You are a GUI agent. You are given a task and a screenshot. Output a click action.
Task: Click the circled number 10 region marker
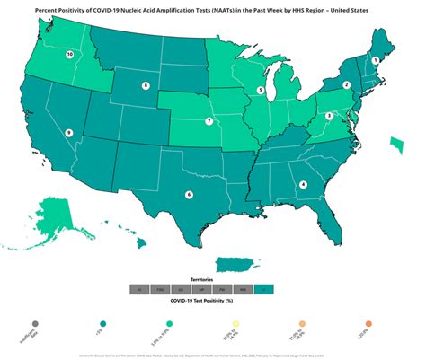[70, 54]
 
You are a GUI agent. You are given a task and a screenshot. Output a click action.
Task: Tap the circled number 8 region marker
[146, 86]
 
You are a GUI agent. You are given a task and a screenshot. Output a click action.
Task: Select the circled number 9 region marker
[68, 133]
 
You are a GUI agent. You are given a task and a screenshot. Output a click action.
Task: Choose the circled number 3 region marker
[329, 116]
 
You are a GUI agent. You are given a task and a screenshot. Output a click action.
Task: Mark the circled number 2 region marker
[347, 85]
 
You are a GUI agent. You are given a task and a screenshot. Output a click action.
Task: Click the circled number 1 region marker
[375, 60]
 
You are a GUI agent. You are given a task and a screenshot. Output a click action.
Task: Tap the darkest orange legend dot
[368, 322]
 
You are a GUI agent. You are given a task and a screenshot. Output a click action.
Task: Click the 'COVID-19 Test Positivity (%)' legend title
[213, 301]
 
